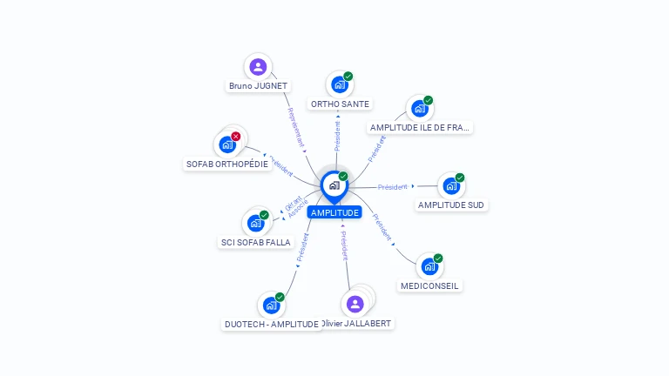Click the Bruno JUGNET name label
click(258, 86)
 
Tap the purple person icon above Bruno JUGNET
click(258, 67)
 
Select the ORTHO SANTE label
click(340, 104)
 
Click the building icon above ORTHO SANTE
click(340, 85)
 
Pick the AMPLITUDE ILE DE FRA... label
click(420, 127)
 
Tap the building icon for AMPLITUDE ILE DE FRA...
click(420, 109)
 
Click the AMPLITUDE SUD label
click(451, 205)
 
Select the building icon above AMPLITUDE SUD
click(451, 185)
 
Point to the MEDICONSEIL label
click(430, 285)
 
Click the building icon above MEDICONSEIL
click(429, 266)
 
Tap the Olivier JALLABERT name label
click(357, 324)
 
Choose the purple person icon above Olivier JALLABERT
click(355, 304)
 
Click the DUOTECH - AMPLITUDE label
click(272, 325)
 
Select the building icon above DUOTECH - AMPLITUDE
click(272, 305)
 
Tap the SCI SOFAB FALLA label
click(255, 242)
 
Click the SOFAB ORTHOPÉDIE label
click(227, 164)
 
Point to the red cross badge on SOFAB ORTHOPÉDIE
click(235, 137)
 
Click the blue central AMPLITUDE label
click(334, 212)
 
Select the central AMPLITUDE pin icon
click(334, 185)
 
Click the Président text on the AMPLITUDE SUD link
click(393, 187)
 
